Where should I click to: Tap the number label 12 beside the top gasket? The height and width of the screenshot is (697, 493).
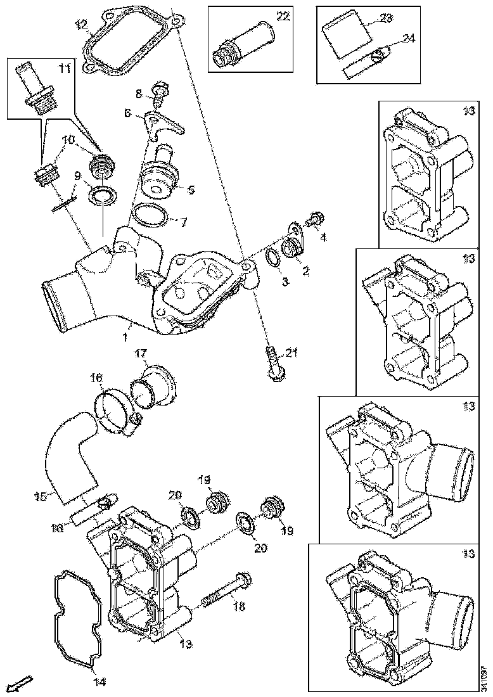click(82, 25)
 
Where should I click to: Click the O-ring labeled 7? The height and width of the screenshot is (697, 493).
click(150, 215)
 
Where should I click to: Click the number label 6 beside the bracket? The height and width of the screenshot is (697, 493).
click(127, 113)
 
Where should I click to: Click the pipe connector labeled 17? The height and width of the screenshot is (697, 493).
click(152, 386)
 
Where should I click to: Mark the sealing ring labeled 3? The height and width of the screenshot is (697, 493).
click(272, 258)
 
